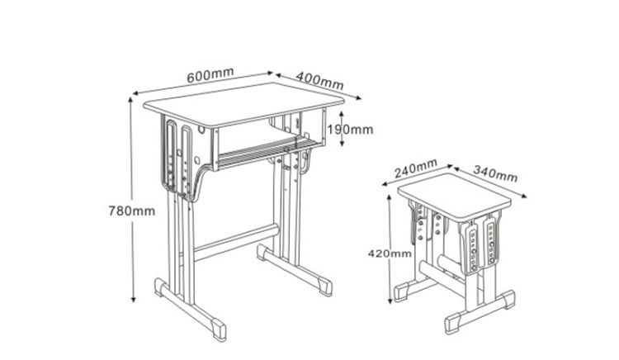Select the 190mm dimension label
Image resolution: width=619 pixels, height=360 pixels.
(349, 130)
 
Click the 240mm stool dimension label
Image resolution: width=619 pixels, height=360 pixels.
(416, 170)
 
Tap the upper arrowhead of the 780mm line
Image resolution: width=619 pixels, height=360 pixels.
(131, 97)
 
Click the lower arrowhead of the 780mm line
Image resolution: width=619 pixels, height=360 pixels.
(131, 302)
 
